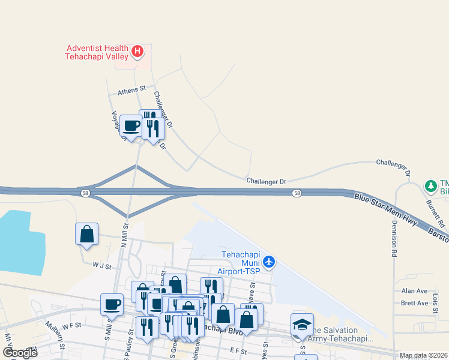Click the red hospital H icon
click(x=137, y=52)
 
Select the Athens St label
click(x=131, y=89)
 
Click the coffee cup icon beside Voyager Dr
click(x=131, y=126)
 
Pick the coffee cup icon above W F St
click(x=112, y=305)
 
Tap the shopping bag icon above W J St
click(x=86, y=233)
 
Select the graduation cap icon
click(x=303, y=325)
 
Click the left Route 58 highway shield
click(x=85, y=192)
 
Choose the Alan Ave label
click(x=414, y=291)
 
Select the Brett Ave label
click(x=414, y=303)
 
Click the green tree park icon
click(x=430, y=186)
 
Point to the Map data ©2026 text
click(x=423, y=355)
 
